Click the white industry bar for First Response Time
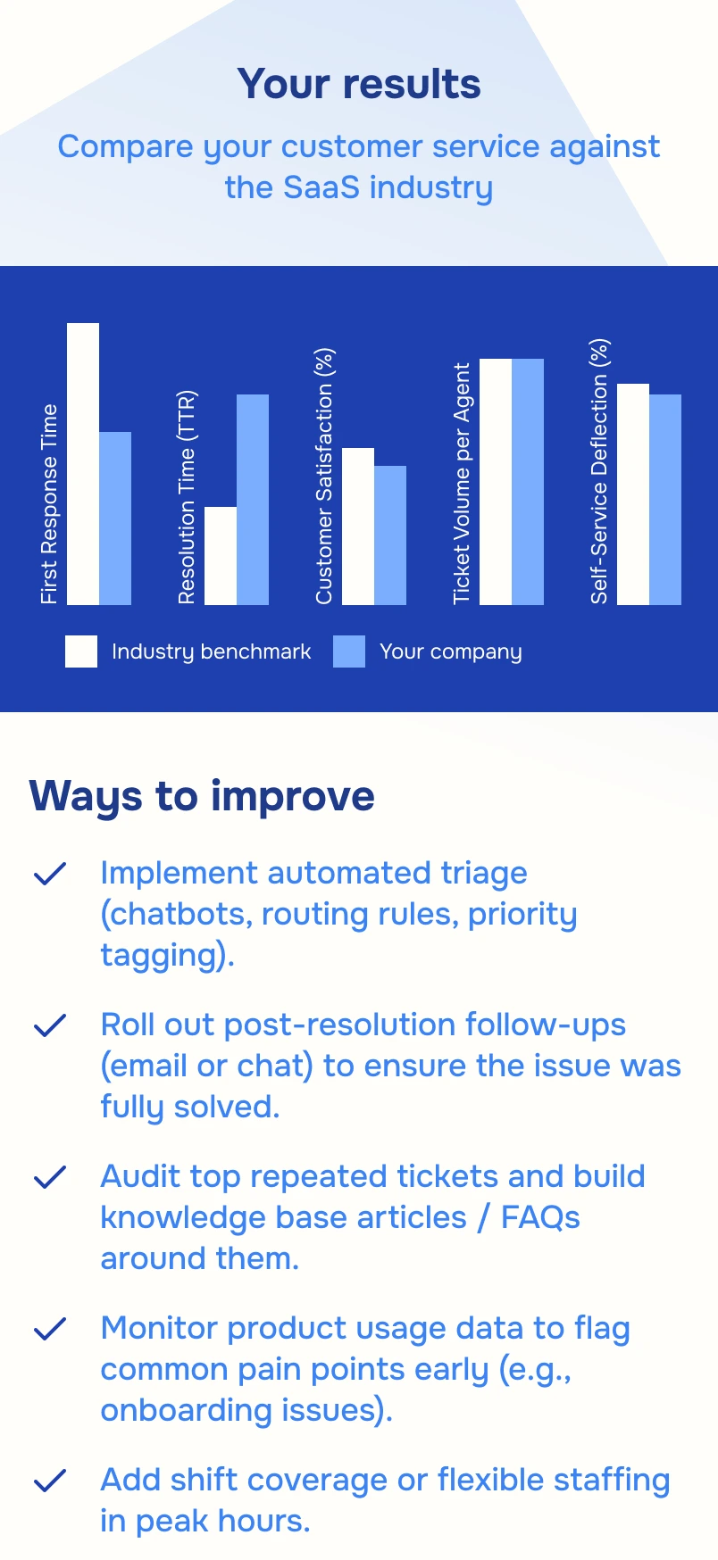(83, 464)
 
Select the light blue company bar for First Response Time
(115, 519)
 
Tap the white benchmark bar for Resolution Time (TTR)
(221, 556)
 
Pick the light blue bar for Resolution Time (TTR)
(253, 500)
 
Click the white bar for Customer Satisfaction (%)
(358, 527)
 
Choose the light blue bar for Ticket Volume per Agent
(528, 482)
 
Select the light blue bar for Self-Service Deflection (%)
(665, 500)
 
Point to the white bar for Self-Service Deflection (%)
(633, 494)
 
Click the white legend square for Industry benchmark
(81, 651)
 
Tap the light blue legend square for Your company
(349, 651)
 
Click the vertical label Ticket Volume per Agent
(461, 483)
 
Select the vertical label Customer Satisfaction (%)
(324, 476)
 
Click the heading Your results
(359, 84)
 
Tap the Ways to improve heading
(202, 795)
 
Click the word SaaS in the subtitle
(321, 187)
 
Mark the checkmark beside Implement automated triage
(50, 874)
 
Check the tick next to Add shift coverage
(50, 1481)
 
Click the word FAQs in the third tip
(540, 1217)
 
